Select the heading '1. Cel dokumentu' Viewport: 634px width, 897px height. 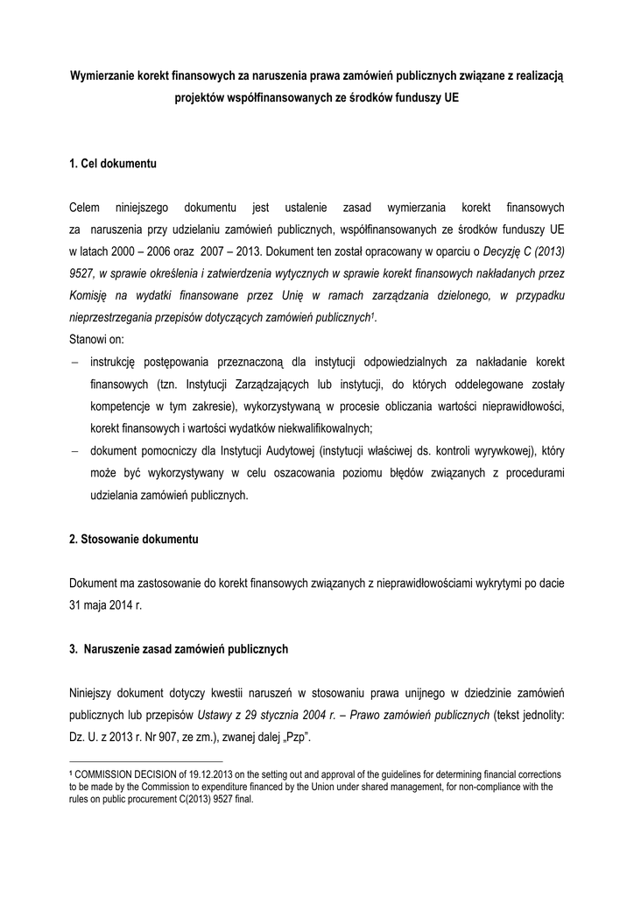coord(113,163)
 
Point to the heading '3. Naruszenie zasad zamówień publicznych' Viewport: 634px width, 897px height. coord(178,651)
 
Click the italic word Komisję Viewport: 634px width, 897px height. coord(90,296)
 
